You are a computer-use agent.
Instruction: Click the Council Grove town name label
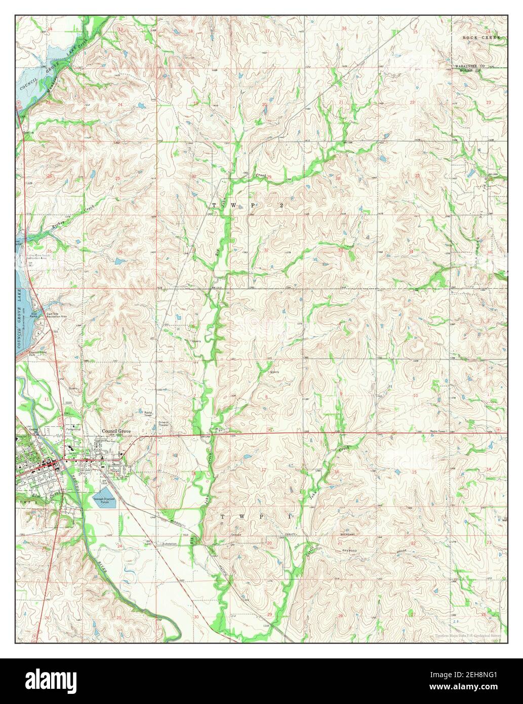116,431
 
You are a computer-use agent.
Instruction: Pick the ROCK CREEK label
481,38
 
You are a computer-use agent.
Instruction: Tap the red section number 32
266,250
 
